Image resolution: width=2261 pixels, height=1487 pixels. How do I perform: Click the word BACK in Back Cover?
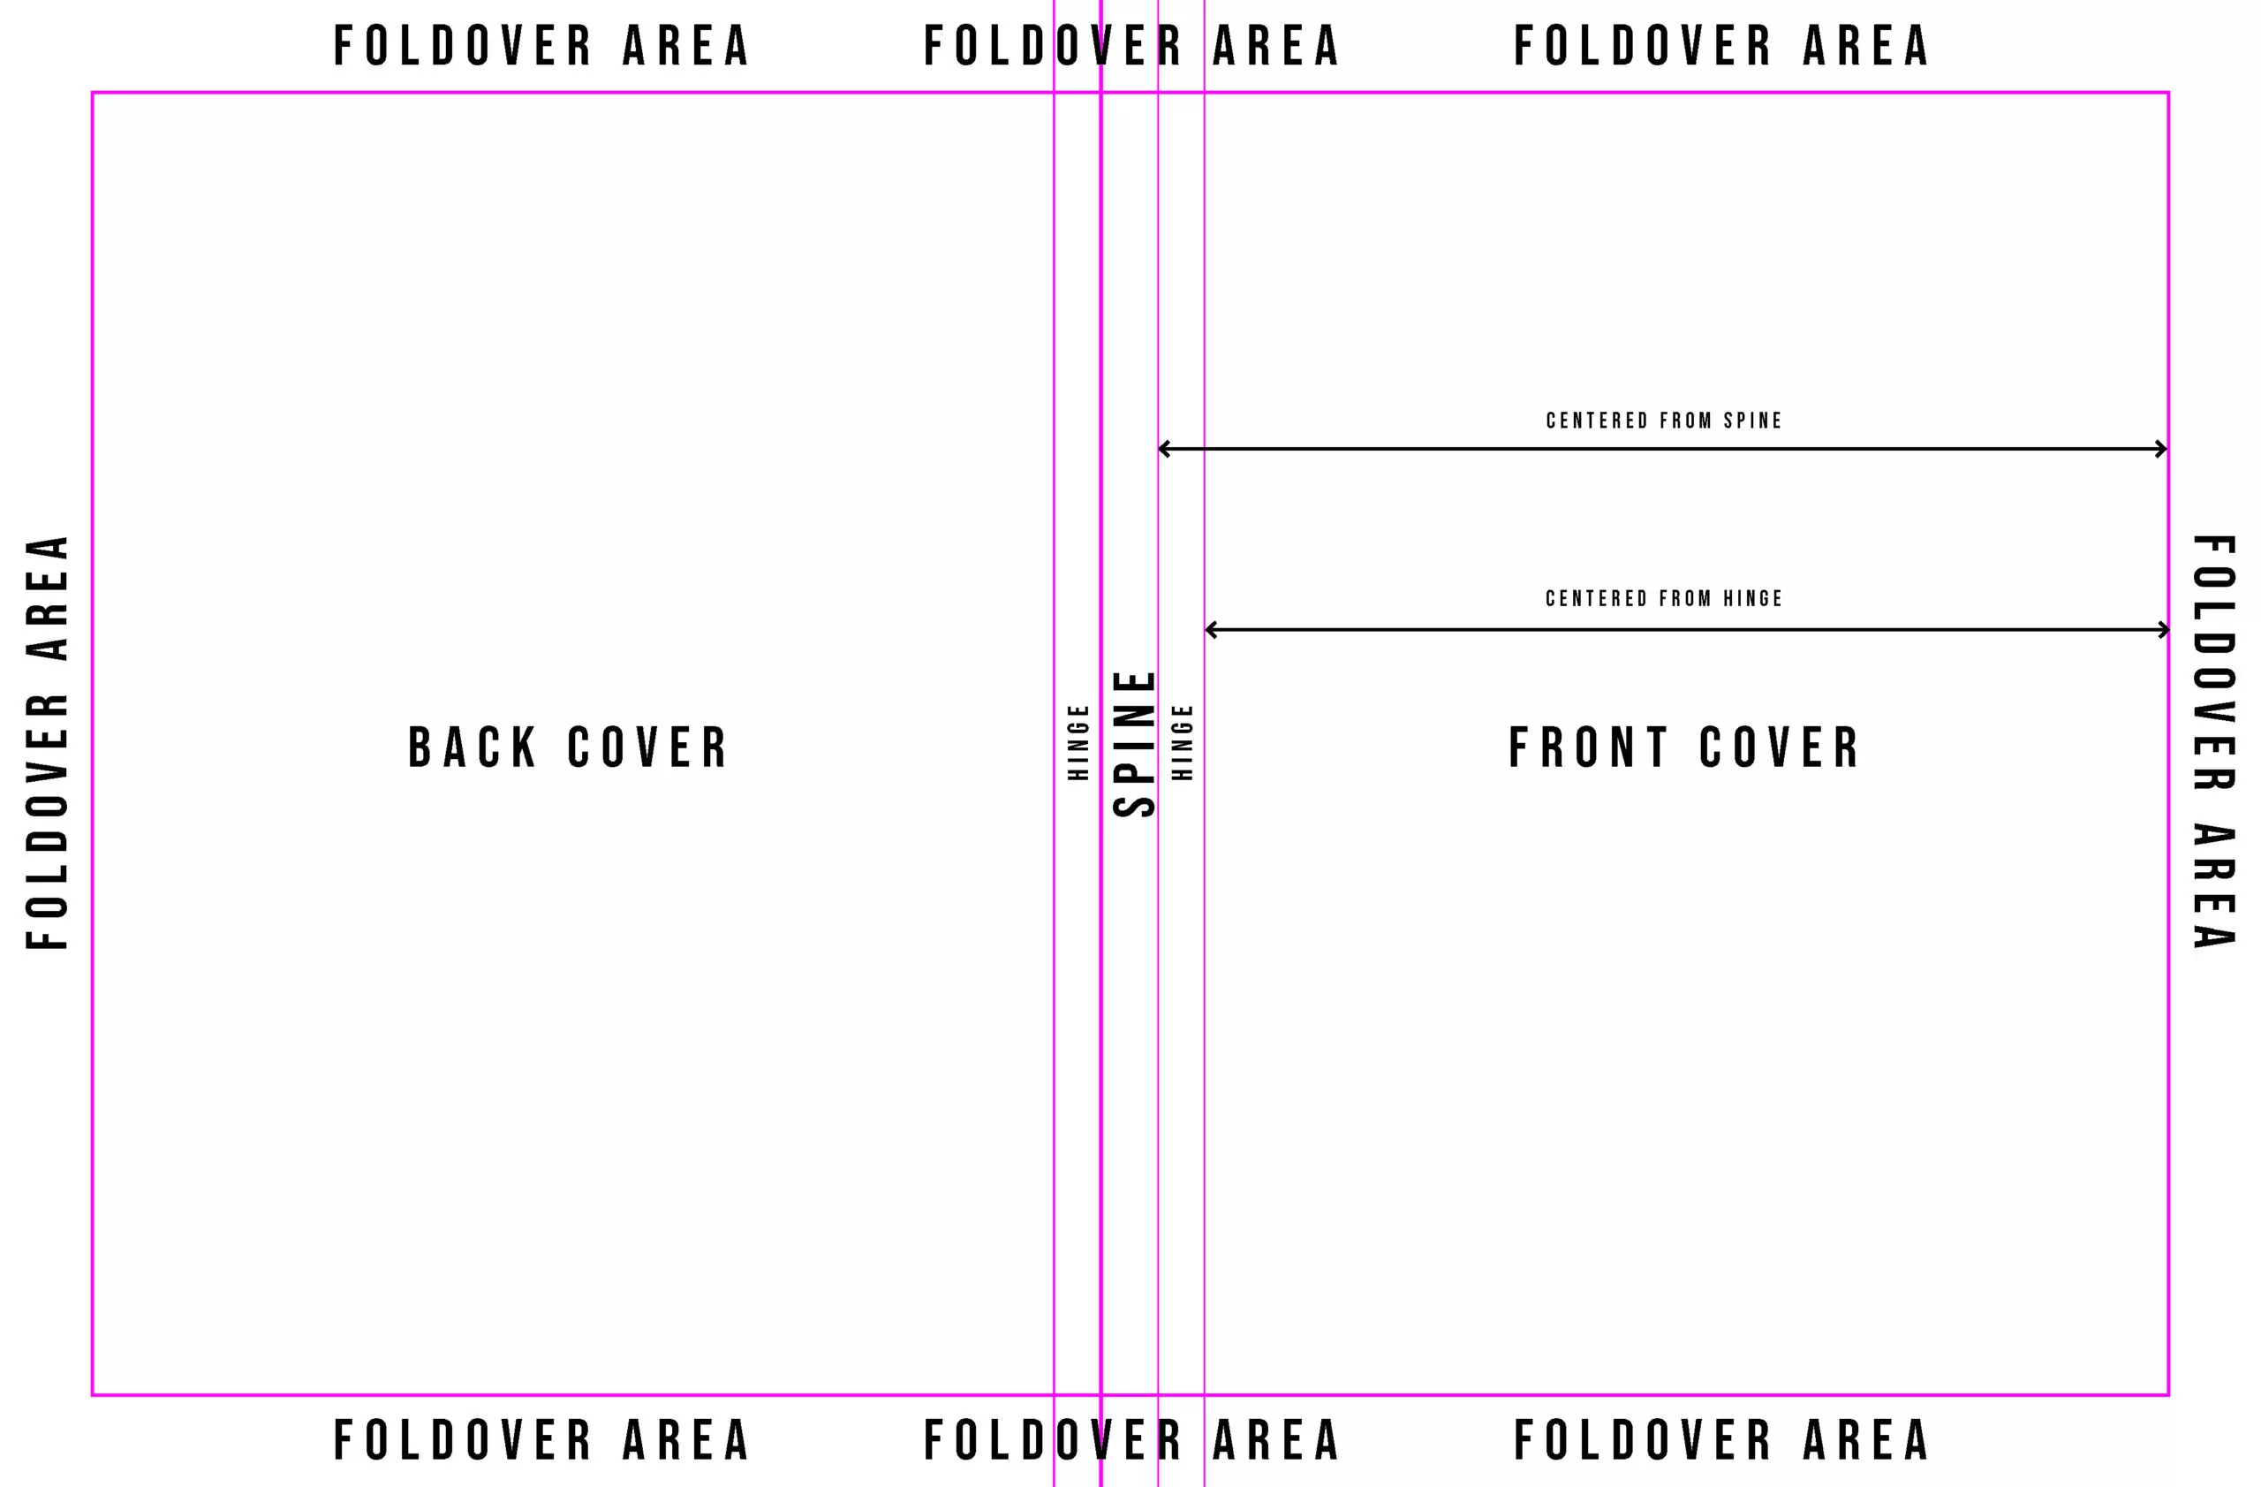(x=473, y=747)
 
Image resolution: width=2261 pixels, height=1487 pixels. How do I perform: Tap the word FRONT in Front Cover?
(x=1587, y=747)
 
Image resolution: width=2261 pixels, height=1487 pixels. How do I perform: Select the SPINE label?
(x=1134, y=744)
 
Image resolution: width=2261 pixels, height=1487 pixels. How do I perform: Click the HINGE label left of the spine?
(x=1078, y=742)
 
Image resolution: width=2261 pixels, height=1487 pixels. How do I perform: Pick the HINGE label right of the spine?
(x=1182, y=742)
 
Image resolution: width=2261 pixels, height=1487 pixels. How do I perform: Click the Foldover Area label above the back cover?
(x=541, y=47)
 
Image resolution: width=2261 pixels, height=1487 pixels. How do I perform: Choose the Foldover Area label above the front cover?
(x=1720, y=47)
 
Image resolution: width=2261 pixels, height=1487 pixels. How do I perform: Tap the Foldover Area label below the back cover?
(x=541, y=1439)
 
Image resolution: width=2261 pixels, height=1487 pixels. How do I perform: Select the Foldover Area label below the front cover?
(x=1720, y=1439)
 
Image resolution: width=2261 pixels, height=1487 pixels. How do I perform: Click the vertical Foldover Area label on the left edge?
(x=48, y=743)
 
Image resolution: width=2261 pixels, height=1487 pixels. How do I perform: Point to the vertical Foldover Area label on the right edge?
(x=2213, y=742)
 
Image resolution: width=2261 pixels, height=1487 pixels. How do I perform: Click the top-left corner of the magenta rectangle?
(x=92, y=92)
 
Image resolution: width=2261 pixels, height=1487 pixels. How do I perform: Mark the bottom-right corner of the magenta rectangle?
(x=2169, y=1395)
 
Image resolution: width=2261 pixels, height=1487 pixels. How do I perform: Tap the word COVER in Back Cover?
(x=647, y=747)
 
